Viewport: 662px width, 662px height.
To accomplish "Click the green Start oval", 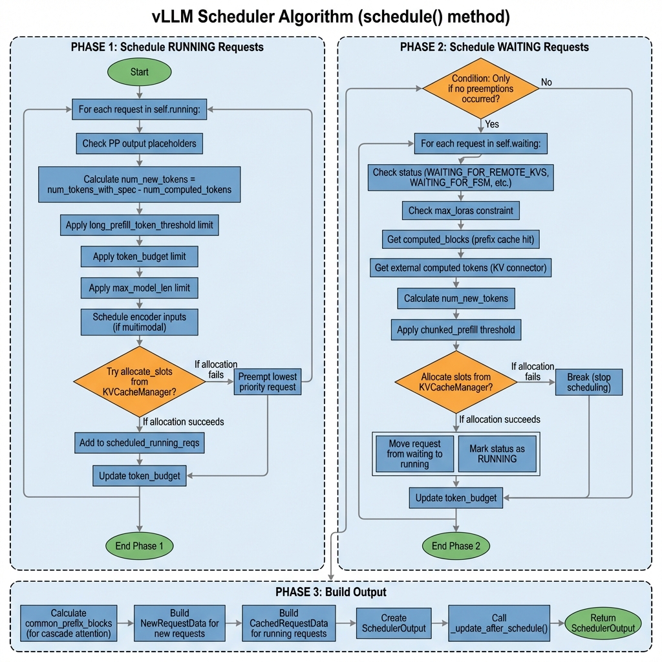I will pyautogui.click(x=139, y=72).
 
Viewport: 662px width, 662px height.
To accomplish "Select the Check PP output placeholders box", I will pyautogui.click(x=139, y=144).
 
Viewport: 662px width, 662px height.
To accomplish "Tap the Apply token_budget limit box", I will pyautogui.click(x=139, y=257).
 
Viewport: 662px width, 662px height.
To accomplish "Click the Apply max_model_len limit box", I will pyautogui.click(x=139, y=288).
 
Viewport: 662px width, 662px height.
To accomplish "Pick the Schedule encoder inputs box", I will pyautogui.click(x=139, y=322).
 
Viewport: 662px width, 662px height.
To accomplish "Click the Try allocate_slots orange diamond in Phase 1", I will pyautogui.click(x=140, y=381).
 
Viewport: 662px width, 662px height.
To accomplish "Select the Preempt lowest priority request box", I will pyautogui.click(x=267, y=381).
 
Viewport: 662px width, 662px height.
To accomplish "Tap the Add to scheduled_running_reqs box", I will pyautogui.click(x=139, y=443).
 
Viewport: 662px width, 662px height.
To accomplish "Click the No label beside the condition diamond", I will pyautogui.click(x=546, y=82).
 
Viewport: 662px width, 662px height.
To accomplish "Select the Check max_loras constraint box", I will pyautogui.click(x=460, y=210).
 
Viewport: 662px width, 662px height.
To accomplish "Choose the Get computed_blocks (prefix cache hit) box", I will pyautogui.click(x=460, y=240).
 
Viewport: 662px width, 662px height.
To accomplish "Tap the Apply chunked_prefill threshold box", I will pyautogui.click(x=456, y=330).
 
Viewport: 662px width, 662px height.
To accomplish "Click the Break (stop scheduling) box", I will pyautogui.click(x=588, y=382).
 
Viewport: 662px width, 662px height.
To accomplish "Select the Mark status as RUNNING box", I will pyautogui.click(x=497, y=453).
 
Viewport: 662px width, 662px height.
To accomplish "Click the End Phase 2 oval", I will pyautogui.click(x=456, y=546).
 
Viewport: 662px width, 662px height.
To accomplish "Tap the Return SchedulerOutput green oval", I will pyautogui.click(x=603, y=623).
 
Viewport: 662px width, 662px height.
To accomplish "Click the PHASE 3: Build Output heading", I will pyautogui.click(x=330, y=592).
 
